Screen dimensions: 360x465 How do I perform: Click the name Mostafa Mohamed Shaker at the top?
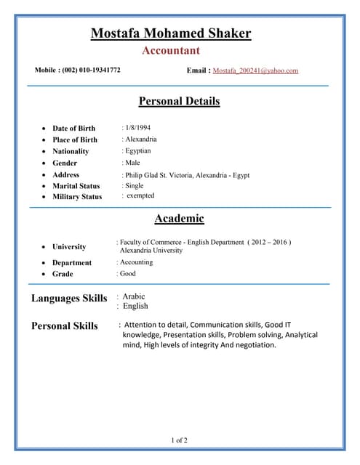click(x=170, y=33)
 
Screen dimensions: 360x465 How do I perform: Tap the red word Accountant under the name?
click(x=170, y=51)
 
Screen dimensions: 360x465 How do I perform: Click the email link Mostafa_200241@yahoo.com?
click(x=255, y=70)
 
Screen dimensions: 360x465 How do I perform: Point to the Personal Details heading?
click(x=179, y=101)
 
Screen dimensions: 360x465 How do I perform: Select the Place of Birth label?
click(x=74, y=139)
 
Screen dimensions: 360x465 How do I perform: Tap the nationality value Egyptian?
click(x=138, y=150)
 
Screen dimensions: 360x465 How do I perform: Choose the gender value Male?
click(x=132, y=163)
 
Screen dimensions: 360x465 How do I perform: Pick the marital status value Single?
click(x=135, y=186)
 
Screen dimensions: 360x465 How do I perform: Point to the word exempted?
click(x=140, y=195)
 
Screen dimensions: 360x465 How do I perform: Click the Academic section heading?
click(x=179, y=218)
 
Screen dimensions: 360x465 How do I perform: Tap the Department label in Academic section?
click(x=72, y=262)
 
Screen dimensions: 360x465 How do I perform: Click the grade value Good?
click(x=127, y=274)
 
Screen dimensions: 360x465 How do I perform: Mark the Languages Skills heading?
click(x=69, y=298)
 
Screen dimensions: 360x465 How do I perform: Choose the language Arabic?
click(x=134, y=296)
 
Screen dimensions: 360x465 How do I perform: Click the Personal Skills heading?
click(x=64, y=325)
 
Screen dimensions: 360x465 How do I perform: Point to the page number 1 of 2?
click(x=179, y=440)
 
